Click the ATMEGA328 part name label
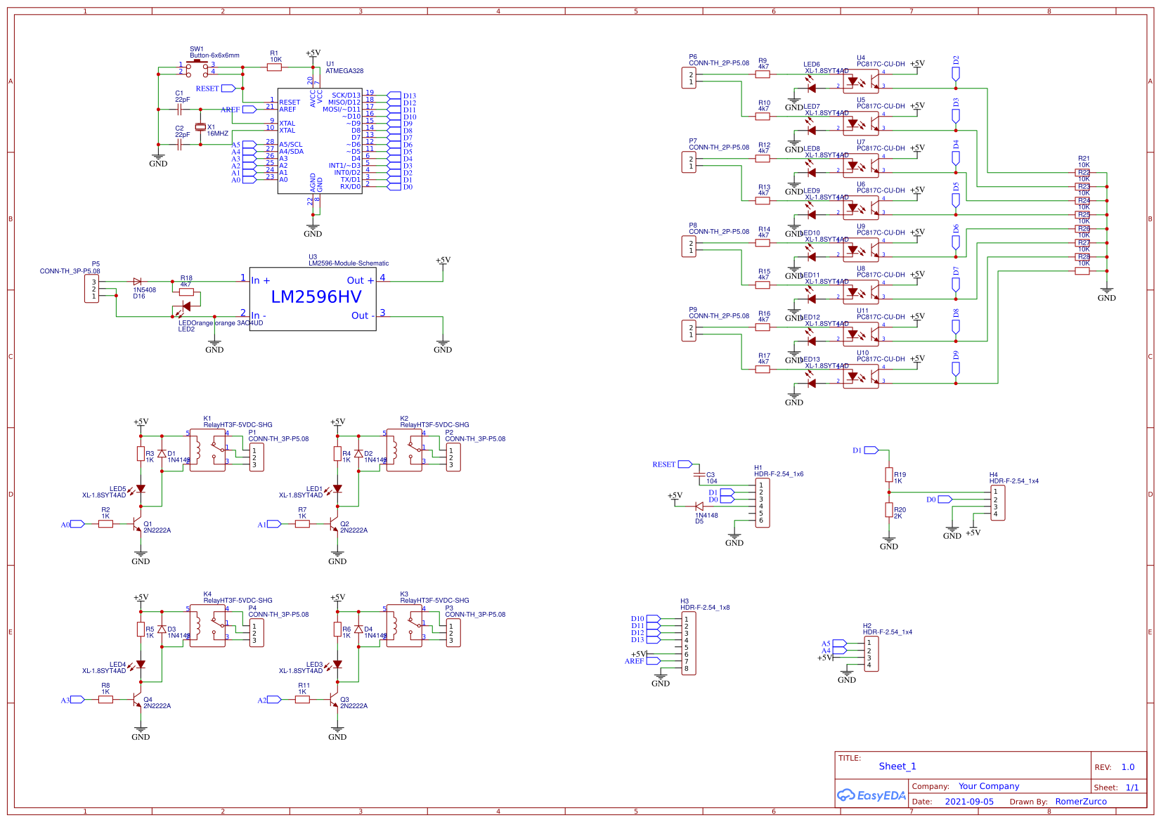tap(344, 71)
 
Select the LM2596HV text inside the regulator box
tap(316, 297)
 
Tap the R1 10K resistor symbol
tap(275, 67)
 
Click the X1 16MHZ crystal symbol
tap(200, 126)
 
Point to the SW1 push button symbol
tap(197, 67)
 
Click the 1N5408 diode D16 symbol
tap(137, 282)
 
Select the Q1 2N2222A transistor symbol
tap(138, 524)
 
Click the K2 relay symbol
tap(405, 450)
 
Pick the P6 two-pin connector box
tap(689, 78)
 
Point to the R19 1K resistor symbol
tap(889, 476)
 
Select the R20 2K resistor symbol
tap(889, 510)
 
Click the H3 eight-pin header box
tap(689, 644)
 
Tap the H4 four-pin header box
tap(997, 503)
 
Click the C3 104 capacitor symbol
tap(699, 476)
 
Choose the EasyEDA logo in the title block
tap(871, 795)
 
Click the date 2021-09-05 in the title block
tap(969, 802)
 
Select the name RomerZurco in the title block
tap(1081, 802)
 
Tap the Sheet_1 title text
tap(897, 766)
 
